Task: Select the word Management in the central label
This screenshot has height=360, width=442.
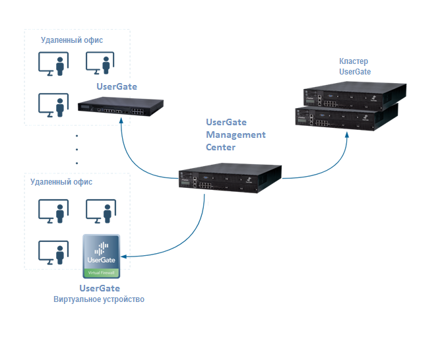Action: [x=236, y=135]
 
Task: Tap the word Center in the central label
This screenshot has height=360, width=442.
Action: [x=220, y=146]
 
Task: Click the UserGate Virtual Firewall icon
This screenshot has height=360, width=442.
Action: [x=101, y=256]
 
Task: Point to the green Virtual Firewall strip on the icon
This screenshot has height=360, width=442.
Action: [x=101, y=272]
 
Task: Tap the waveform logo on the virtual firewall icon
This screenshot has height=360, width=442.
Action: [x=101, y=249]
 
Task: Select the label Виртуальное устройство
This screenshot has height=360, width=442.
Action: [x=99, y=300]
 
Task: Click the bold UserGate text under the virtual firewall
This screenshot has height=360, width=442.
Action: [x=100, y=288]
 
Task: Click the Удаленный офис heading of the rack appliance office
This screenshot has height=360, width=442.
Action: [x=72, y=40]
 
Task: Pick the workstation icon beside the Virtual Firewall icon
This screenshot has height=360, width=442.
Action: [x=53, y=253]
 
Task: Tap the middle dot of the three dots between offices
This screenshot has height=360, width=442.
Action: [x=77, y=149]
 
